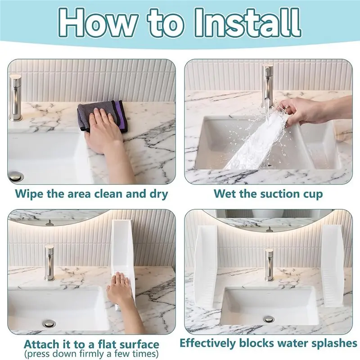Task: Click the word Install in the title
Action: [x=247, y=23]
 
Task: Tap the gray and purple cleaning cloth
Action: [x=102, y=116]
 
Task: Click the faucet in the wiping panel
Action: [x=16, y=98]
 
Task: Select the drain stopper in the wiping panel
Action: [x=15, y=176]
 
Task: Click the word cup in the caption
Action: [x=312, y=195]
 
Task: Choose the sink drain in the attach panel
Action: [x=49, y=323]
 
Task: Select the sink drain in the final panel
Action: [x=269, y=319]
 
